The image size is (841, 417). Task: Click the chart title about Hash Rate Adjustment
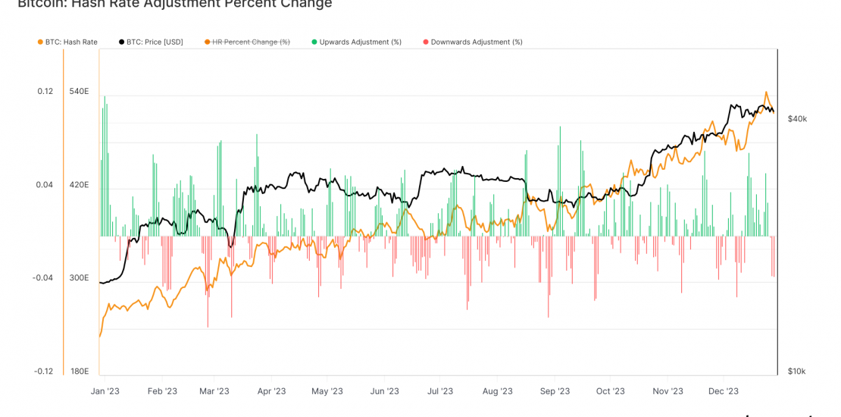coord(174,5)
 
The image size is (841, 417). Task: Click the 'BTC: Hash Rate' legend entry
coord(72,42)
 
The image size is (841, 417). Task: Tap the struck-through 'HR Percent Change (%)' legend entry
coord(251,42)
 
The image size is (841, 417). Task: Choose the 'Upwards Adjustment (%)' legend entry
coord(360,42)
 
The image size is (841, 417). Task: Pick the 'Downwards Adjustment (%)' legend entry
coord(476,42)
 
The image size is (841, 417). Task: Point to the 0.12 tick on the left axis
coord(45,92)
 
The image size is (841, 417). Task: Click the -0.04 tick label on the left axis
coord(42,277)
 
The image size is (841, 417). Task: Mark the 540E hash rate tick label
coord(80,92)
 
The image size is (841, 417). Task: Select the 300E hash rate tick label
coord(80,277)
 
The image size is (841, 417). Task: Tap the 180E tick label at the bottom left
coord(80,371)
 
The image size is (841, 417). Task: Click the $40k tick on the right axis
coord(797,119)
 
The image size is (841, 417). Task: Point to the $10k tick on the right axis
coord(797,371)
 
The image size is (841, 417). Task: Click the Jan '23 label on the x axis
coord(105,391)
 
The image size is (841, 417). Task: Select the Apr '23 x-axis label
coord(271,391)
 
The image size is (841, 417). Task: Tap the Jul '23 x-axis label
coord(439,391)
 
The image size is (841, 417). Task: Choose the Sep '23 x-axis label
coord(555,391)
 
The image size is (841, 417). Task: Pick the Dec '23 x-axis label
coord(724,391)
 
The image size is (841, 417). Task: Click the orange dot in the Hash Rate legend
coord(39,42)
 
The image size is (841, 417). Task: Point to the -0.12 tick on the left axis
coord(42,371)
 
